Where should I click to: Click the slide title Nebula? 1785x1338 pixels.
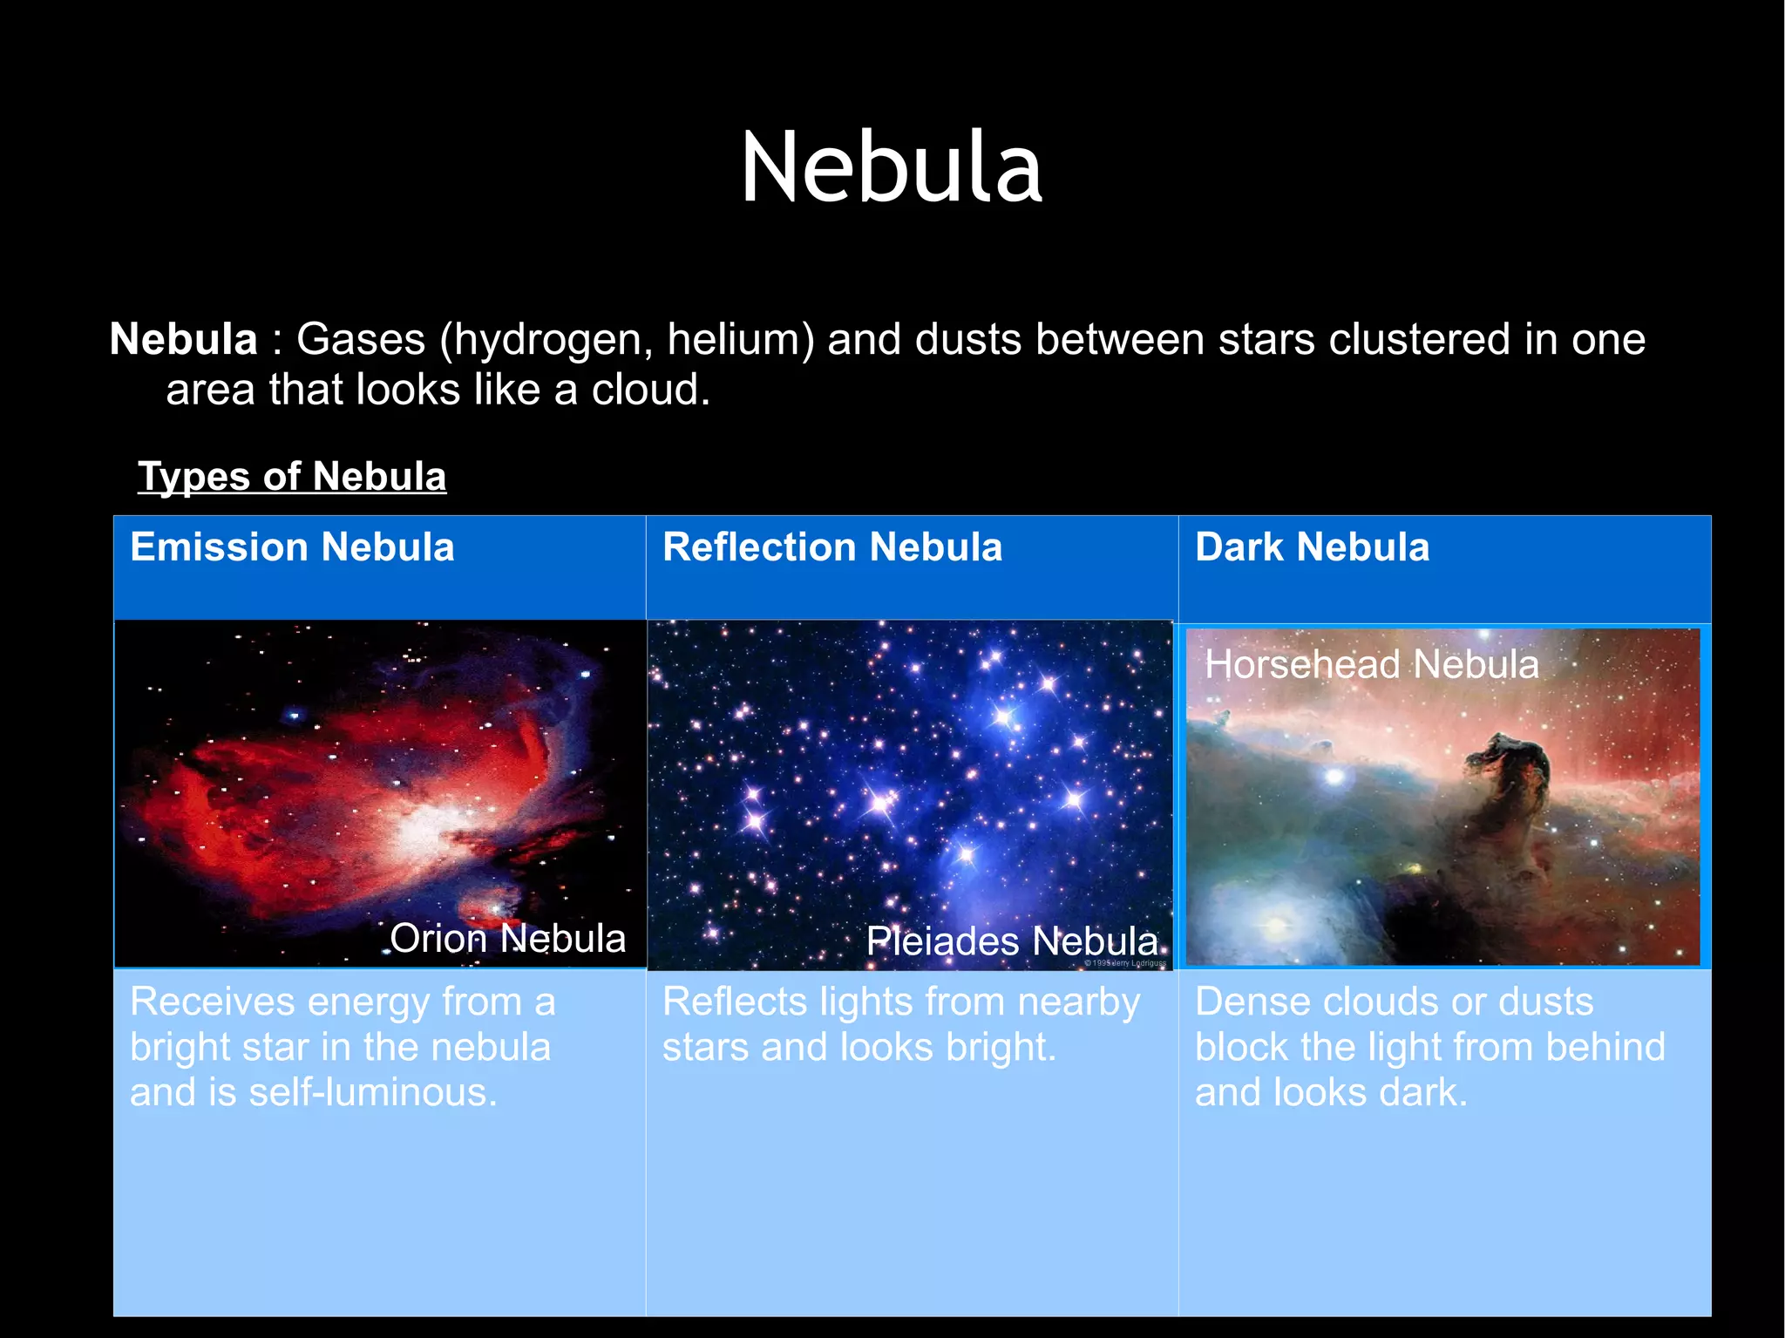(891, 167)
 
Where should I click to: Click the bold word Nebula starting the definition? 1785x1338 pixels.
(183, 339)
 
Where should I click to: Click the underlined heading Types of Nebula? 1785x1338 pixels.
(292, 477)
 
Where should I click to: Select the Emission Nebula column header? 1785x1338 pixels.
(292, 547)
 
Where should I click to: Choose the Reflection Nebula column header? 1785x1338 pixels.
(832, 547)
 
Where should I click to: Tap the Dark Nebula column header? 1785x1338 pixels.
(1312, 547)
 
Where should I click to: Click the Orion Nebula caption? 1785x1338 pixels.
(507, 939)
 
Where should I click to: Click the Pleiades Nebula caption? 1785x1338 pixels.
(1012, 941)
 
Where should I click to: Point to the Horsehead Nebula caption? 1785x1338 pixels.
(1372, 664)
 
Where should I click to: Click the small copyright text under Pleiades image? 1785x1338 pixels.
(1125, 963)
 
